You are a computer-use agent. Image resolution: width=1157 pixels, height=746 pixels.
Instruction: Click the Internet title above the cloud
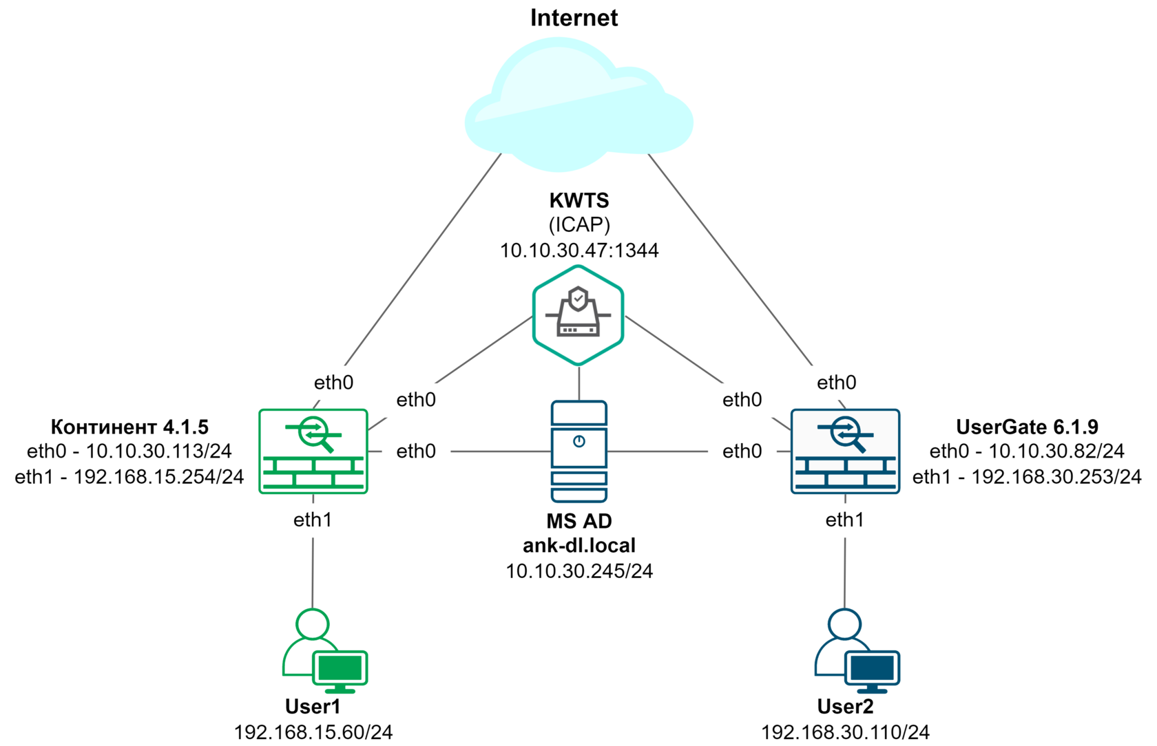[x=574, y=18]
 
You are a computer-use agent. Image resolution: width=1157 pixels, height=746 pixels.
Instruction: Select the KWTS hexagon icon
[x=578, y=315]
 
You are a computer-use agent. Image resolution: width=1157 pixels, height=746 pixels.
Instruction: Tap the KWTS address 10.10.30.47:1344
[x=579, y=251]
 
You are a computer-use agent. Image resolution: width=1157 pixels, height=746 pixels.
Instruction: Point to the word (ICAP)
[x=579, y=225]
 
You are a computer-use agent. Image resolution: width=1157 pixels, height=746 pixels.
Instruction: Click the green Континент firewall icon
[x=313, y=451]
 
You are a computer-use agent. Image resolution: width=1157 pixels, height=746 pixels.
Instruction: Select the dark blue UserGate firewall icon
[x=845, y=451]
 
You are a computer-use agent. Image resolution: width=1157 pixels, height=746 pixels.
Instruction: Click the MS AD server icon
[x=579, y=451]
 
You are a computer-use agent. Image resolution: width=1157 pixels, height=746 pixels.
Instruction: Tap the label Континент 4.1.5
[x=129, y=427]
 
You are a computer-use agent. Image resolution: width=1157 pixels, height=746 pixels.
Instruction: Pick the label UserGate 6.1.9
[x=1027, y=427]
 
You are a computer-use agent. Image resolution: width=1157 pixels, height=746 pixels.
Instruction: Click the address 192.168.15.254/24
[x=159, y=477]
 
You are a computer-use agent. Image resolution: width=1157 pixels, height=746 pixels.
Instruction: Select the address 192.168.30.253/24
[x=1056, y=477]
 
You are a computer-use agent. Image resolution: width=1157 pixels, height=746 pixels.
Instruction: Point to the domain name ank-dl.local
[x=579, y=546]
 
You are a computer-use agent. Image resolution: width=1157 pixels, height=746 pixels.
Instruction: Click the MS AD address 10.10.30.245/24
[x=579, y=571]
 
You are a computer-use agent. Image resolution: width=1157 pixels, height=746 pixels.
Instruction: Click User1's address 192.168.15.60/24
[x=313, y=732]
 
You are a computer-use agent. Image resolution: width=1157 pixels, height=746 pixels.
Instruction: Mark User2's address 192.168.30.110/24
[x=845, y=732]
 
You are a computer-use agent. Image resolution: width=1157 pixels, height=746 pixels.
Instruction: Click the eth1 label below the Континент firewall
[x=313, y=520]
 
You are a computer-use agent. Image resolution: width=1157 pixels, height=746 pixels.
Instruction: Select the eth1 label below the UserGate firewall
[x=845, y=520]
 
